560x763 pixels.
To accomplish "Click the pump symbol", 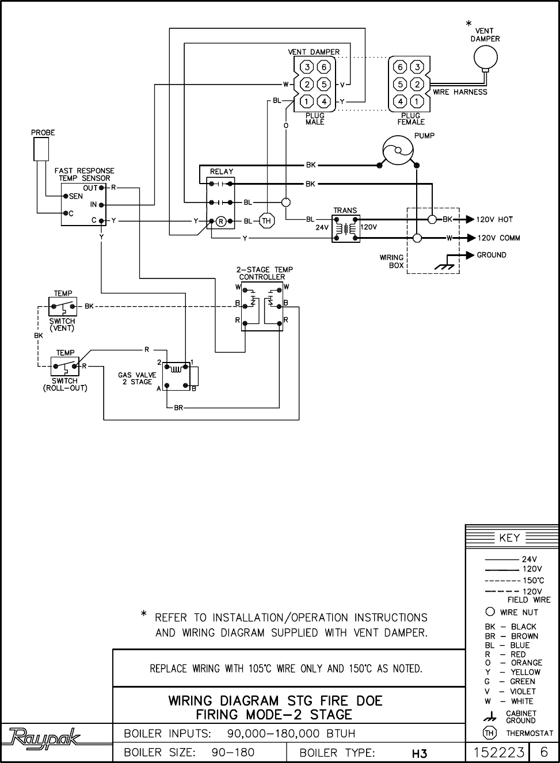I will point(398,150).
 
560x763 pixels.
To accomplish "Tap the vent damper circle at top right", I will point(485,57).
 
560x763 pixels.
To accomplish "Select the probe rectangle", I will point(41,150).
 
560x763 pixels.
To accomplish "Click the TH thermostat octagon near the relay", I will point(266,221).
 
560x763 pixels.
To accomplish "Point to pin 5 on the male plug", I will point(324,85).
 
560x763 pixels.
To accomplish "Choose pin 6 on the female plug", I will point(401,67).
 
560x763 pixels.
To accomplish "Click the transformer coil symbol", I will point(345,228).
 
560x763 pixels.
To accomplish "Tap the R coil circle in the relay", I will point(220,221).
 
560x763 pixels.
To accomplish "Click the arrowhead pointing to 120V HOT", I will point(470,219).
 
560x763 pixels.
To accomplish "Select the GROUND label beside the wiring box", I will point(492,255).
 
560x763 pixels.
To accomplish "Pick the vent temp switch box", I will point(63,306).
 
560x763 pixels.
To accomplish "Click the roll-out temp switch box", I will point(65,365).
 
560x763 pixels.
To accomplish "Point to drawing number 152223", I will point(498,752).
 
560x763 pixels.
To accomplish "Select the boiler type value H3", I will point(420,753).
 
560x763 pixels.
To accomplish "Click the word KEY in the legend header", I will point(509,538).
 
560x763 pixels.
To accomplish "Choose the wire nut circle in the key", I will point(490,612).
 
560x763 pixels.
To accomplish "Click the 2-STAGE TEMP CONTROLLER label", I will point(264,273).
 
